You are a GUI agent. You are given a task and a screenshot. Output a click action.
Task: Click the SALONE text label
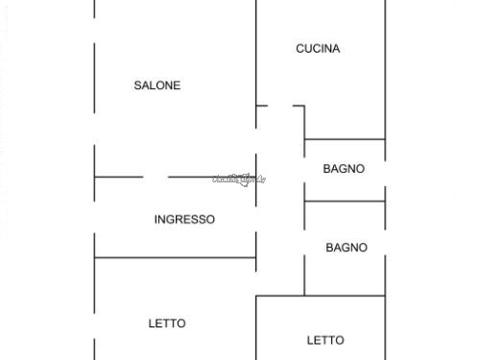coord(156,85)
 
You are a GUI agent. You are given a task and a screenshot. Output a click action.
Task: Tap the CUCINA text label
coord(318,49)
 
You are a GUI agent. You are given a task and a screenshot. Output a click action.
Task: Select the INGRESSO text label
coord(184,220)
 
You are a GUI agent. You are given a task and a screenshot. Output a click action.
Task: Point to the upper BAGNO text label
coord(344,169)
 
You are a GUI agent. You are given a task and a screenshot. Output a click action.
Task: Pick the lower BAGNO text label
coord(346,248)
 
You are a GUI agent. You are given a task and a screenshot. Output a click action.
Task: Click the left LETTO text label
coord(167,324)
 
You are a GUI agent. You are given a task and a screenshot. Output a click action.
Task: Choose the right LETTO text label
coord(325,340)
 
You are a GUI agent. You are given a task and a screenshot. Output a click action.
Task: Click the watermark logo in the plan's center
coord(238,179)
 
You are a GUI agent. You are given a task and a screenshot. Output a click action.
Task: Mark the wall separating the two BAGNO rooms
coord(345,201)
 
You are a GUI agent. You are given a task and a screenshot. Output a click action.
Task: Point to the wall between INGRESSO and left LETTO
coord(175,257)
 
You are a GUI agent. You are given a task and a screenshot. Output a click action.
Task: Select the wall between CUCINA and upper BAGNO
coord(345,140)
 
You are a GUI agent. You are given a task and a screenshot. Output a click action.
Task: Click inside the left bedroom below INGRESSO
coord(173,298)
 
